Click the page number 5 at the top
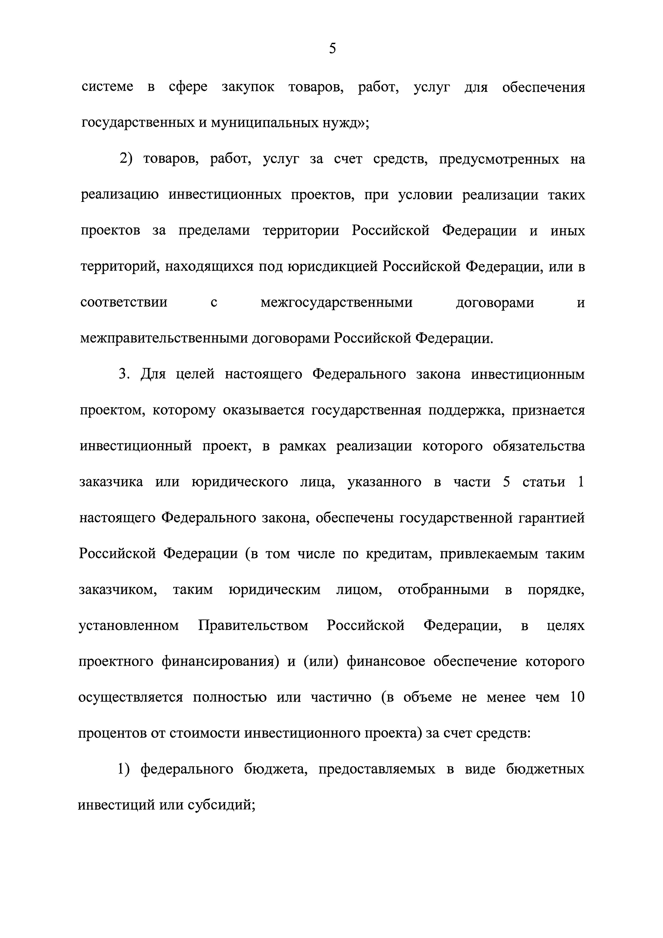point(332,49)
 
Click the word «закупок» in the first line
point(248,87)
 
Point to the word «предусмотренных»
point(499,159)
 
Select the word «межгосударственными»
point(336,303)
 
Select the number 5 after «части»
point(507,482)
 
